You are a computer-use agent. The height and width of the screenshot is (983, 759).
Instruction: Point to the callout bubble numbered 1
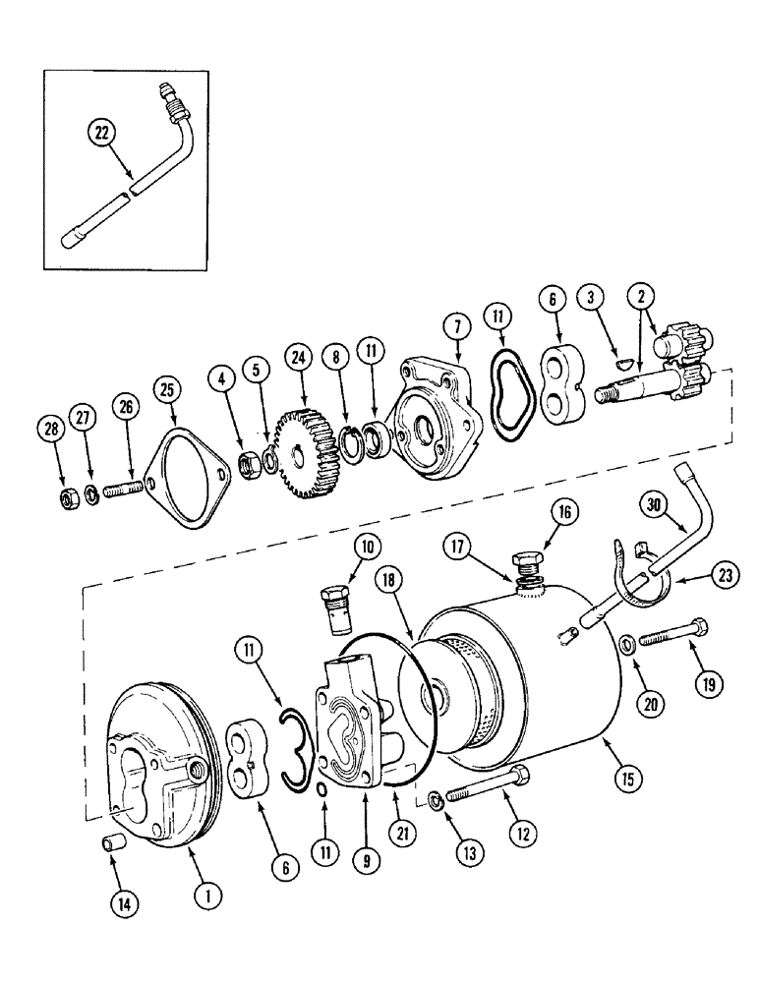208,896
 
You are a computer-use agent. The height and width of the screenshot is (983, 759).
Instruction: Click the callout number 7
457,324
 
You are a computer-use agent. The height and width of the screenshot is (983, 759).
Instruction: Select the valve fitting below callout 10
334,609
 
